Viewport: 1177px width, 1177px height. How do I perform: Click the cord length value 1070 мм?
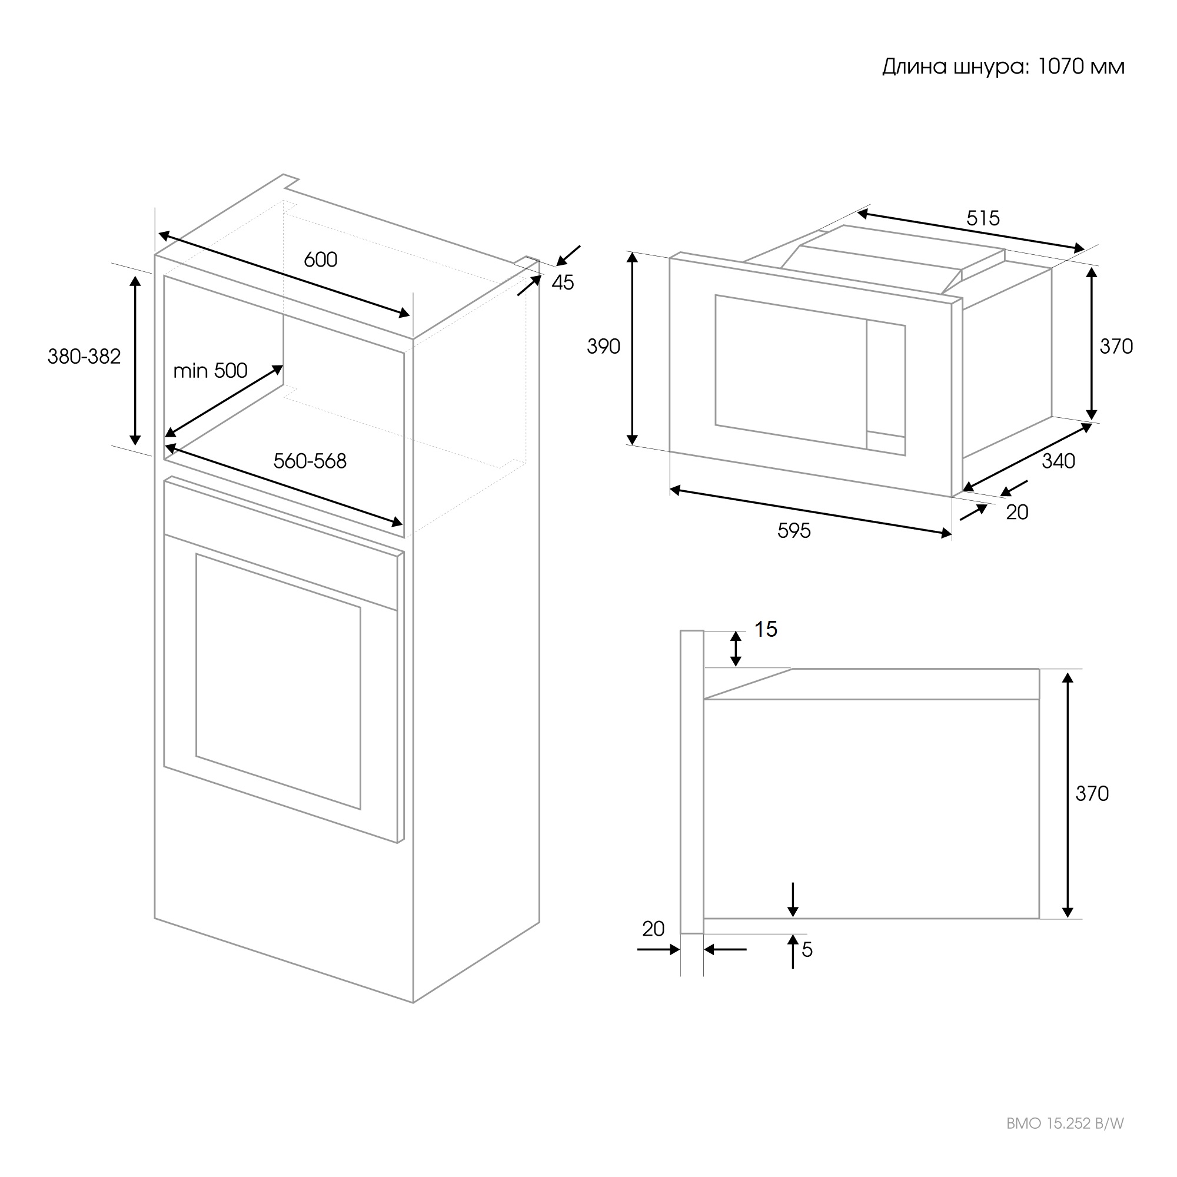coord(1080,67)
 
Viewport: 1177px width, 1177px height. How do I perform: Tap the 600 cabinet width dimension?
coord(321,260)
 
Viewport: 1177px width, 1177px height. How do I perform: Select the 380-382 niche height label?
coord(84,357)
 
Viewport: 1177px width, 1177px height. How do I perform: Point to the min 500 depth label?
coord(210,370)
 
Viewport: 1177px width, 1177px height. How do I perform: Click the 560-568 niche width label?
coord(310,461)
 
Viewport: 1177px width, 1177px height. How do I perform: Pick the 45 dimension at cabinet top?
coord(563,282)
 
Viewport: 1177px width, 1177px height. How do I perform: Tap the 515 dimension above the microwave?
coord(983,218)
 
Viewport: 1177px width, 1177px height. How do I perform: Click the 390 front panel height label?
coord(603,346)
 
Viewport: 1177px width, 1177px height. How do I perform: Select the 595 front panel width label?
coord(794,531)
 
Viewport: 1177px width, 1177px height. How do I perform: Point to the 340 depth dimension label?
coord(1058,461)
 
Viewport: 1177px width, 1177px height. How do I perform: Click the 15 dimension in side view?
coord(766,629)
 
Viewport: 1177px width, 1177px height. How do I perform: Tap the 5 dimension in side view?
coord(807,950)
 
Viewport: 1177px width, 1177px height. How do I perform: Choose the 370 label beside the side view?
coord(1092,793)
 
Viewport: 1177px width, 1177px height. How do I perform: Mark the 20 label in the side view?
coord(653,929)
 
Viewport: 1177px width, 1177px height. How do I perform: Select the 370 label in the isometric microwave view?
coord(1116,346)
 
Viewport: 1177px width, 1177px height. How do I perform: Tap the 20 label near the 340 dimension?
coord(1017,513)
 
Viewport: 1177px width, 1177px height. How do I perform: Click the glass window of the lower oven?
coord(278,681)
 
